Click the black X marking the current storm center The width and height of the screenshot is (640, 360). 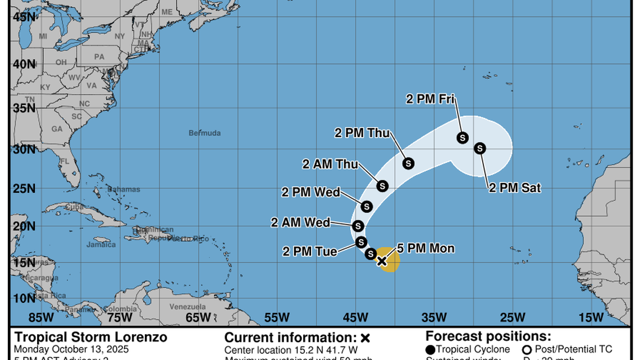[382, 261]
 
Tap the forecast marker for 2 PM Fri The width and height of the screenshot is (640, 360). [463, 138]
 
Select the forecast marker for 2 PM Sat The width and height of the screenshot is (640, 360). [479, 148]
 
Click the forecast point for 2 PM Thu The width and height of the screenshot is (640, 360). [408, 163]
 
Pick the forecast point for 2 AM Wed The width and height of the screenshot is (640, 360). [358, 226]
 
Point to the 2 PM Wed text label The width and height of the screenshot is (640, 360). [310, 192]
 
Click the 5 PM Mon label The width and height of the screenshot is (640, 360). [426, 248]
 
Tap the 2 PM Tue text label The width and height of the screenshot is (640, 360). [310, 251]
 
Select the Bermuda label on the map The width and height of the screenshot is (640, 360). [204, 133]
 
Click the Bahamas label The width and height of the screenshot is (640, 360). [124, 189]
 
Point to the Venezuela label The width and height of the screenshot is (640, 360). [187, 307]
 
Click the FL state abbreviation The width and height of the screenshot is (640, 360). [64, 161]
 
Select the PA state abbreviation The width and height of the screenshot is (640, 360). [99, 57]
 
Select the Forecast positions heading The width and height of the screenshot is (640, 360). [488, 336]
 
